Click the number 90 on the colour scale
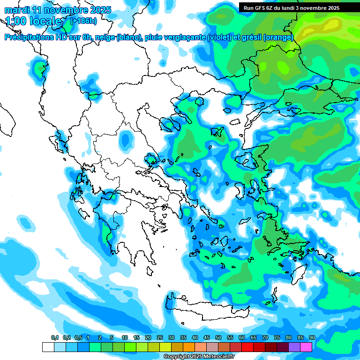pos(312,338)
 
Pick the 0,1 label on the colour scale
pos(55,338)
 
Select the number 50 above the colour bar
pos(218,338)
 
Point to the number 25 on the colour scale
pos(160,338)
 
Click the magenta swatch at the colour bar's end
pos(306,347)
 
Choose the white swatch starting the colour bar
pos(48,347)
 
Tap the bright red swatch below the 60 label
pos(247,347)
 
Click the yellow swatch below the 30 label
pos(165,347)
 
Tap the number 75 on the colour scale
pos(277,338)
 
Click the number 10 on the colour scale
pos(125,338)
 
